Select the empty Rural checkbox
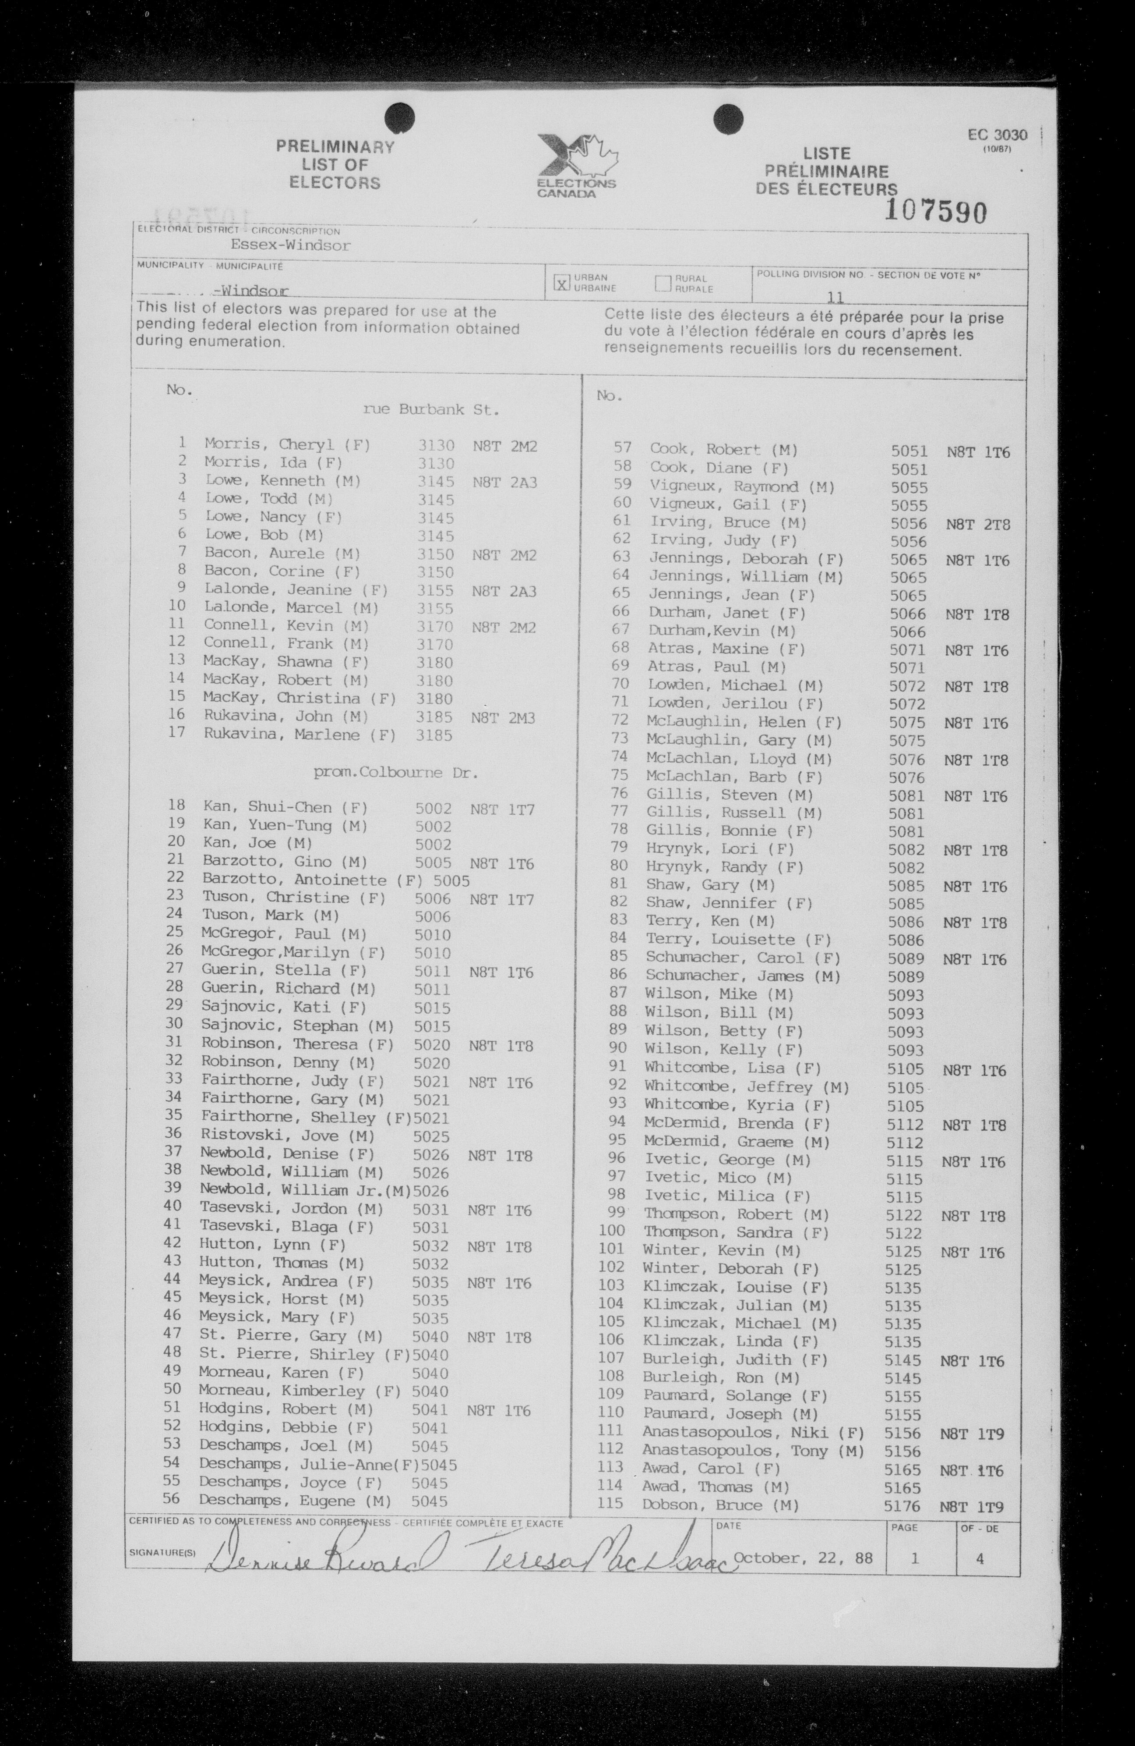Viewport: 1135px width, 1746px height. tap(663, 283)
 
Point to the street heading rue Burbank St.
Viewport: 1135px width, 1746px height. tap(431, 410)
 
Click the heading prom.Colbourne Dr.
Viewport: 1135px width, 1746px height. tap(395, 773)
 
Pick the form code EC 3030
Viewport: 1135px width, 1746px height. tap(997, 135)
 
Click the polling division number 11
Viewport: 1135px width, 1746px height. tap(834, 297)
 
